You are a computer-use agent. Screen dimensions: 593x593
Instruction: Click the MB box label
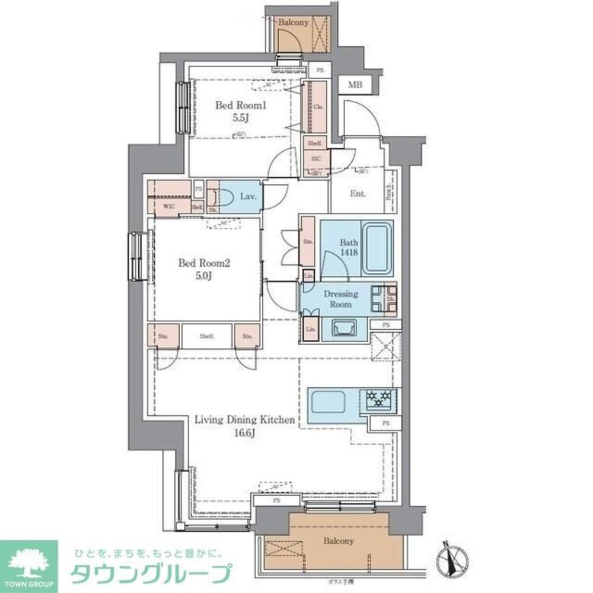354,85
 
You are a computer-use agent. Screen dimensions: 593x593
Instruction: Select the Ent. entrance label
358,194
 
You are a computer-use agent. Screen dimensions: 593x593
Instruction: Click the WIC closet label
168,207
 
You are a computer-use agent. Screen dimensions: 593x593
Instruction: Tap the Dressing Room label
340,299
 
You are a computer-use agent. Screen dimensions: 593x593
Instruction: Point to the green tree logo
28,562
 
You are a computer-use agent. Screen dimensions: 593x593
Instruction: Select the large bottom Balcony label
339,541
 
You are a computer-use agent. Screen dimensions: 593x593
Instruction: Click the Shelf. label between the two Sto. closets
206,336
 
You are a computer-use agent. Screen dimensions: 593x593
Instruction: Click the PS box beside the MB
320,69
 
